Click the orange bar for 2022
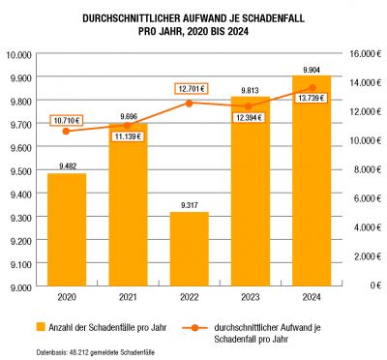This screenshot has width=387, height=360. (190, 249)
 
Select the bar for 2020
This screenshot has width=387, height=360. (67, 229)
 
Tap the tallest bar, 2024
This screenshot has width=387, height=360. (312, 181)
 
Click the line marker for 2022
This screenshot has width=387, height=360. (190, 104)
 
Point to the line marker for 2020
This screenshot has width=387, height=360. (66, 131)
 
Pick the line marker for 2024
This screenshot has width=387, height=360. (313, 87)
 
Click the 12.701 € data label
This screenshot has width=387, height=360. (192, 88)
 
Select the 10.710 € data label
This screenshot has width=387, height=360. (67, 121)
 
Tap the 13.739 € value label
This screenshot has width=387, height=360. (311, 98)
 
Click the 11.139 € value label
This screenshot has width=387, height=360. (128, 136)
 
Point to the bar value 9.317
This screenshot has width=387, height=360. (190, 205)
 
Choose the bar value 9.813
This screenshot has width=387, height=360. (251, 90)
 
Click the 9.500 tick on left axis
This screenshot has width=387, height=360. (19, 171)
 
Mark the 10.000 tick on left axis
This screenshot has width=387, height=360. (18, 55)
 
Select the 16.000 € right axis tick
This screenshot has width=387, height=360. (366, 54)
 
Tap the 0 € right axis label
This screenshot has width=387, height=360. (375, 285)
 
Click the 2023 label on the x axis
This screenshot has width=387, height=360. (251, 297)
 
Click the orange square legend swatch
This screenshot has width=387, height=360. (41, 326)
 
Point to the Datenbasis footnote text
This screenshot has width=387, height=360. (96, 351)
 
